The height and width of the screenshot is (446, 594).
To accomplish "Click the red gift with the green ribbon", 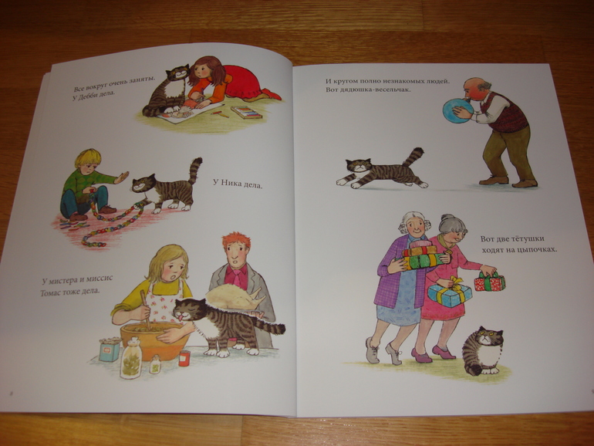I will point(488,282).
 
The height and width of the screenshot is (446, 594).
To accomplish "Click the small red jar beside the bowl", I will point(184,357).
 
